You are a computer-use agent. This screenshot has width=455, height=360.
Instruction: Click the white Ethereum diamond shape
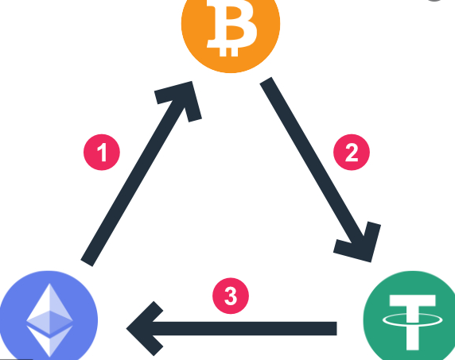(49, 320)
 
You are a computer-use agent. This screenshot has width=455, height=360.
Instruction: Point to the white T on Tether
(412, 323)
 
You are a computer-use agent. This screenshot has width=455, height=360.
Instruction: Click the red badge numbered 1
(102, 152)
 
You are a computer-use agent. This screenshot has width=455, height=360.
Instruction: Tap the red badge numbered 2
(352, 152)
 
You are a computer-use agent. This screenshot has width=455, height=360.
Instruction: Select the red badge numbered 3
(231, 296)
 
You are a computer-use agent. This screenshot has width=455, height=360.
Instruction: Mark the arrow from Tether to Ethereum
(231, 328)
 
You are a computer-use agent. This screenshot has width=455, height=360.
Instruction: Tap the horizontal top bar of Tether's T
(412, 300)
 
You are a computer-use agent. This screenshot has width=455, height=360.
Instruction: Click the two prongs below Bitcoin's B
(228, 52)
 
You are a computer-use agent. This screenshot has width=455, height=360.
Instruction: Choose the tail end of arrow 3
(336, 328)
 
